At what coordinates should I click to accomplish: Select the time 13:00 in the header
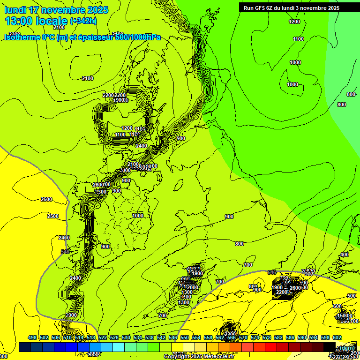[x=18, y=21]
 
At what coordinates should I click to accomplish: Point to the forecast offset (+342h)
[x=84, y=21]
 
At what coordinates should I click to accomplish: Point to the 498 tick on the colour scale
[x=32, y=337]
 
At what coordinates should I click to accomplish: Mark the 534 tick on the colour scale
[x=138, y=337]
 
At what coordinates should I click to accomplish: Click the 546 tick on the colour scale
[x=173, y=337]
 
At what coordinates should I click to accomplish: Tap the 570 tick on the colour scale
[x=243, y=337]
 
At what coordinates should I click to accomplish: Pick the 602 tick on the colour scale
[x=337, y=337]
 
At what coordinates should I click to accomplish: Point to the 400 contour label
[x=345, y=255]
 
